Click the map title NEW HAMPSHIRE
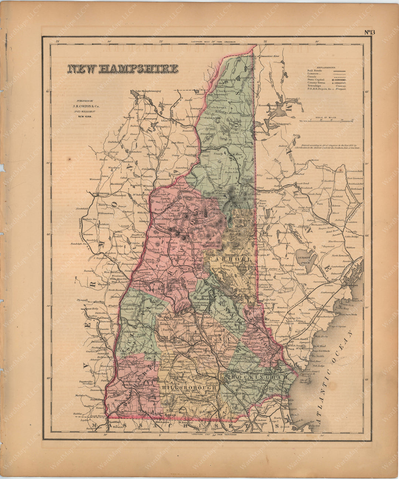(x=122, y=69)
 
